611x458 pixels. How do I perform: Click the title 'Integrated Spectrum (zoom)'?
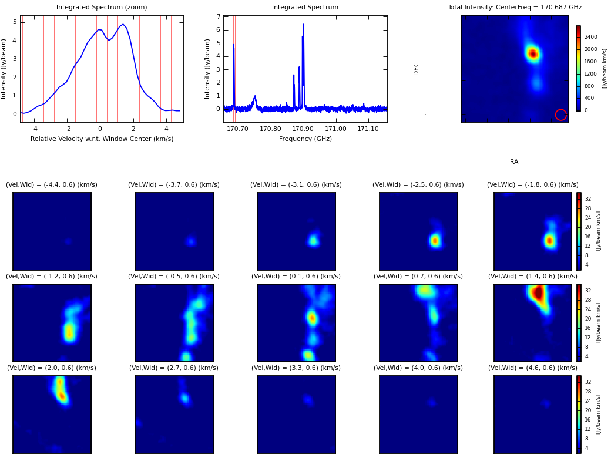(x=102, y=8)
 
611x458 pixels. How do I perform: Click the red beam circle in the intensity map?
(x=560, y=114)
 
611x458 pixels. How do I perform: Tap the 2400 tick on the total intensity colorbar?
(x=590, y=37)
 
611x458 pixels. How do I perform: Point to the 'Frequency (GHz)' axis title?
(x=305, y=139)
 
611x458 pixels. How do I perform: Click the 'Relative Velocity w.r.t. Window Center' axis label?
(x=102, y=139)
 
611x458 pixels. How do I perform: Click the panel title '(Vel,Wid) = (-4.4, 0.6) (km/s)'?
(x=52, y=185)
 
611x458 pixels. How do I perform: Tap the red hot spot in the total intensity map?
(x=532, y=54)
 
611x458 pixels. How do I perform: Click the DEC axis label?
(x=417, y=69)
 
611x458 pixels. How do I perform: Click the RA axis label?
(x=514, y=162)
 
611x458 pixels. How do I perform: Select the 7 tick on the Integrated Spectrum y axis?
(x=218, y=17)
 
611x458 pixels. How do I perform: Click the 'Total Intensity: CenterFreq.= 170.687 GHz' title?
(x=515, y=8)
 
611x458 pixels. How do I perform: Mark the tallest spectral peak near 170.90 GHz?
(x=303, y=25)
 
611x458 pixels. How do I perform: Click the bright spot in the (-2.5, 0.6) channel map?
(x=435, y=240)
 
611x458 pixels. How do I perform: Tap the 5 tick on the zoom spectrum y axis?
(x=14, y=22)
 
